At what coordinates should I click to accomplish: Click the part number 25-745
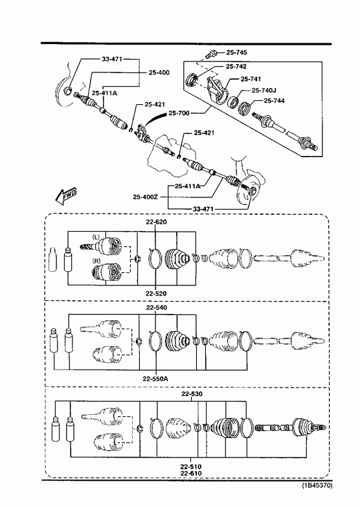pos(236,52)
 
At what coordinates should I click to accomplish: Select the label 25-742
pos(236,67)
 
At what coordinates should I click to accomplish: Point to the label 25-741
pos(251,79)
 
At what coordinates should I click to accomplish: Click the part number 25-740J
pos(264,91)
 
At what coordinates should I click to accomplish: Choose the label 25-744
pos(274,101)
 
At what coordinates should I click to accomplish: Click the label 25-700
pos(179,113)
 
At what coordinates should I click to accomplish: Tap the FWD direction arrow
pos(66,196)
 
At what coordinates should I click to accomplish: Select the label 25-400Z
pos(145,197)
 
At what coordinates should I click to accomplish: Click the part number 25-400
pos(159,72)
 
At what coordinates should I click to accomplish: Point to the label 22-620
pos(156,222)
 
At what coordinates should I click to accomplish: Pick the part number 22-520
pos(156,294)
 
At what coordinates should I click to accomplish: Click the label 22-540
pos(157,307)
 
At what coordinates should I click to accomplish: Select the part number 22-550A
pos(155,379)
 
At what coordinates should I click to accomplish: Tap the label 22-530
pos(192,394)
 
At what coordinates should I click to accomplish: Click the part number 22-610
pos(191,473)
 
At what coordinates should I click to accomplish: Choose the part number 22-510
pos(191,467)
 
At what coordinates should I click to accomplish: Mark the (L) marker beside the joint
pos(96,237)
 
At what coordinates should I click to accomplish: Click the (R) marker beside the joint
pos(96,260)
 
